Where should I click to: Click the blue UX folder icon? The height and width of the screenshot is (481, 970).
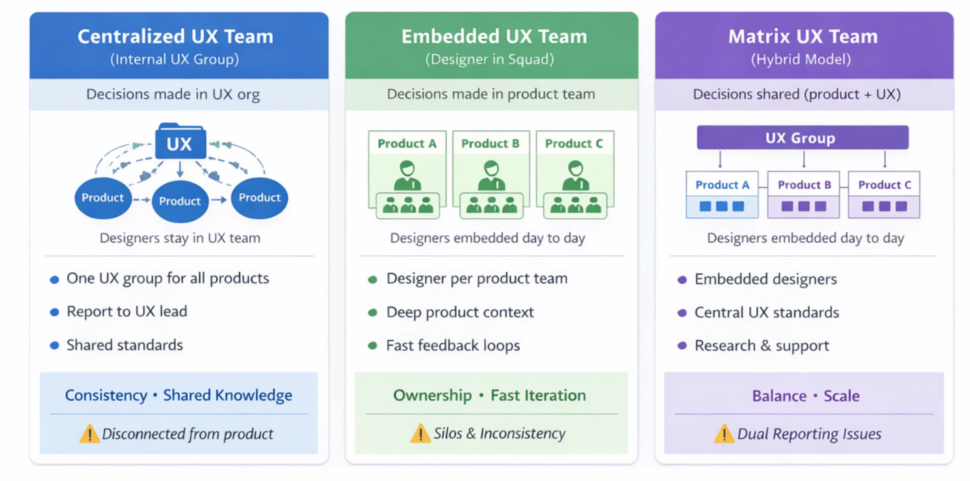point(180,142)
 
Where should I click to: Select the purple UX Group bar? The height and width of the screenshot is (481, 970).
point(802,138)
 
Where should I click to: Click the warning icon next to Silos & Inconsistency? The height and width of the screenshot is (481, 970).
point(420,433)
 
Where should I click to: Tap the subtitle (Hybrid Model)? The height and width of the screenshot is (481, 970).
point(801,59)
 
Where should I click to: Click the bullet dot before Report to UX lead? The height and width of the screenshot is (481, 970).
point(55,312)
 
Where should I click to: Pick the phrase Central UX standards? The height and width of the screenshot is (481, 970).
point(766,312)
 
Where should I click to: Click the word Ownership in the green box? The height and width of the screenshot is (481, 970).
point(432,395)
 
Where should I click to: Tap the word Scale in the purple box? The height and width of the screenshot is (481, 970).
point(841,396)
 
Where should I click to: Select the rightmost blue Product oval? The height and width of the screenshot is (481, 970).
point(259,198)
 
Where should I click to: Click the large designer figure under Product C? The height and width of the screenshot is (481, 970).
point(575,176)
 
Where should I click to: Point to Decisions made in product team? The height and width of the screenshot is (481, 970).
point(491,94)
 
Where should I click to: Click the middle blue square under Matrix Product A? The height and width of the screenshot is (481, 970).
point(722,206)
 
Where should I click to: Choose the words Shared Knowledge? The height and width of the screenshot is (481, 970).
point(227,395)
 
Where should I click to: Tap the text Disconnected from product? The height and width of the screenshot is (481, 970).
point(187,434)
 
